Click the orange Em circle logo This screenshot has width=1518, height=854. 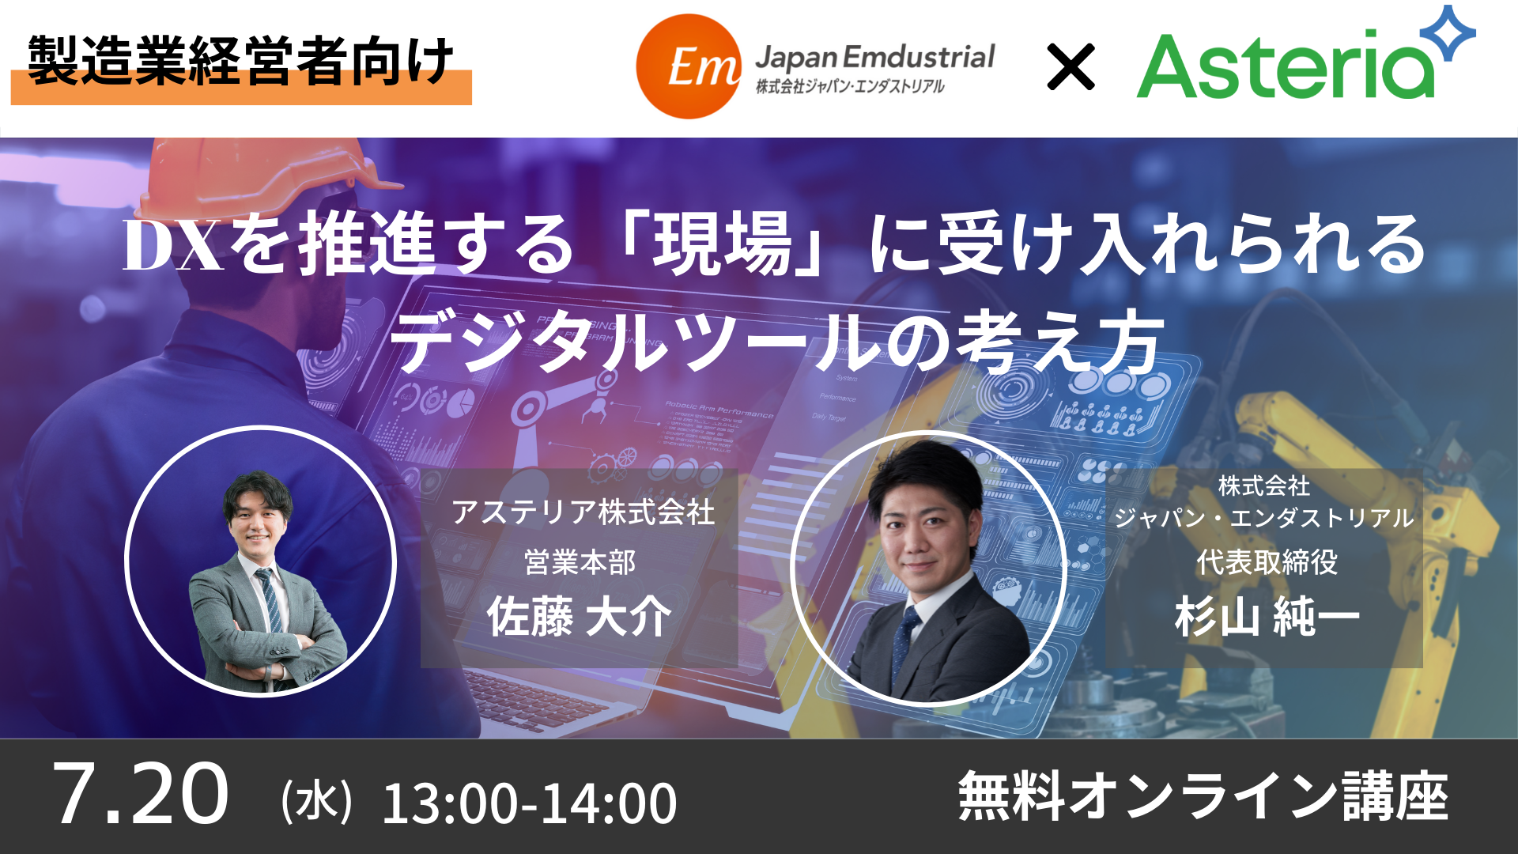tap(689, 66)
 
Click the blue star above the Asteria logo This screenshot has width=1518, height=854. tap(1448, 33)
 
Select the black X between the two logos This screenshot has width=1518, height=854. tap(1071, 66)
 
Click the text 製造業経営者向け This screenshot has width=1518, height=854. tap(240, 61)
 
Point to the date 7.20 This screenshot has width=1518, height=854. tap(141, 794)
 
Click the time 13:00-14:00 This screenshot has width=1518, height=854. tap(529, 803)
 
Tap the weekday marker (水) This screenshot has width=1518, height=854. tap(316, 800)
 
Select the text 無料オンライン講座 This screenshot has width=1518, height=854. tap(1203, 796)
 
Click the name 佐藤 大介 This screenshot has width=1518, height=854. tap(580, 617)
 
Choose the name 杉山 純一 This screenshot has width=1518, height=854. tap(1267, 617)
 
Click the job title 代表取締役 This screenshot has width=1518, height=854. tap(1267, 562)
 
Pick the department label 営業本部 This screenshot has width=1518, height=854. tap(580, 562)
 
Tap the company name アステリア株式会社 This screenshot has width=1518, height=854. tap(583, 512)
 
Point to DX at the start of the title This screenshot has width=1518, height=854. tap(174, 246)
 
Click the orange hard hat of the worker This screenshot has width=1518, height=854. tap(261, 178)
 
